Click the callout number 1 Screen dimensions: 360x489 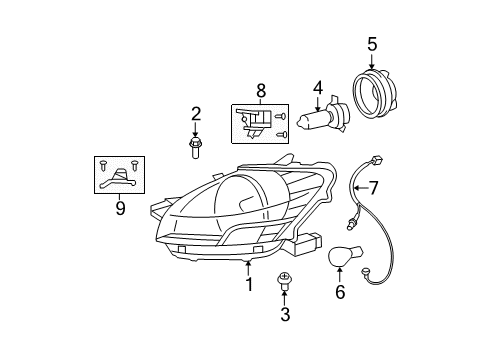pyautogui.click(x=249, y=285)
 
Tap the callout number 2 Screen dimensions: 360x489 pyautogui.click(x=196, y=114)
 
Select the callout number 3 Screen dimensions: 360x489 pyautogui.click(x=285, y=315)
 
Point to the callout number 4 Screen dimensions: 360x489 pyautogui.click(x=318, y=88)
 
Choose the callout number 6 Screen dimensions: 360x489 pyautogui.click(x=339, y=292)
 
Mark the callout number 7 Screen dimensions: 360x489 pyautogui.click(x=374, y=187)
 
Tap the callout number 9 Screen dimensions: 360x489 pyautogui.click(x=119, y=208)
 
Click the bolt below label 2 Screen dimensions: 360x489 pyautogui.click(x=195, y=150)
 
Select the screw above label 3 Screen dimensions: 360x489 pyautogui.click(x=284, y=281)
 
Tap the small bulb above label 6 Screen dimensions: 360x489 pyautogui.click(x=343, y=256)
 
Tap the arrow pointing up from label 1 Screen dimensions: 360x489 pyautogui.click(x=249, y=266)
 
